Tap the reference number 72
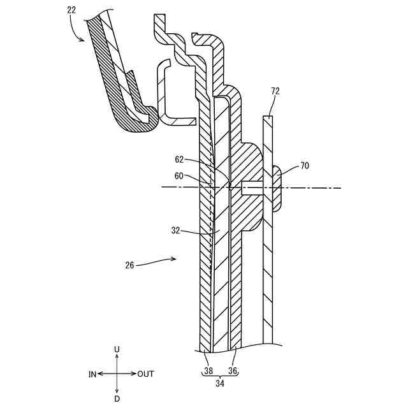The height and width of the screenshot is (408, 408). point(275,92)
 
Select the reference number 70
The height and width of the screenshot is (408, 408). point(304,166)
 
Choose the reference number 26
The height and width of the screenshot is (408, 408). point(130,266)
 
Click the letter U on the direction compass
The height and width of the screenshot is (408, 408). point(117,349)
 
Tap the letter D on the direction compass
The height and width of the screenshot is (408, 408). point(117,398)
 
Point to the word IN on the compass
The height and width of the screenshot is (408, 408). point(92,374)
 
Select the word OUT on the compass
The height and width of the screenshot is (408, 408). point(145,374)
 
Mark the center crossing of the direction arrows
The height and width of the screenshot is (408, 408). point(117,374)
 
